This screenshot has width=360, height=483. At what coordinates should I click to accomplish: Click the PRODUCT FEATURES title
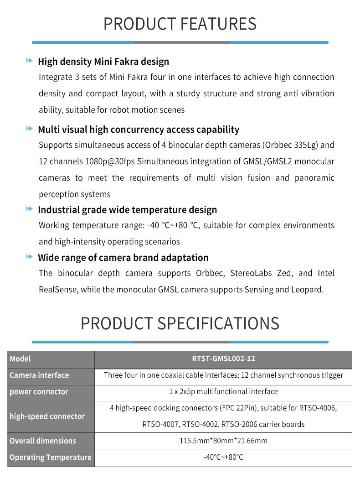[180, 24]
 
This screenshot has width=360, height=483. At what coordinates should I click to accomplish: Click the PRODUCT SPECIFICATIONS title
[180, 323]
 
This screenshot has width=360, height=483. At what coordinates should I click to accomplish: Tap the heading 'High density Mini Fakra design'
[103, 62]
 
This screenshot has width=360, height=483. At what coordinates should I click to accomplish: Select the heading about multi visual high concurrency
[139, 130]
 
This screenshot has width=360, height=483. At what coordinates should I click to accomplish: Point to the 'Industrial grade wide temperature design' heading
[128, 210]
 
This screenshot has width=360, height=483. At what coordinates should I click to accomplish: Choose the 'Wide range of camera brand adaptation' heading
[123, 258]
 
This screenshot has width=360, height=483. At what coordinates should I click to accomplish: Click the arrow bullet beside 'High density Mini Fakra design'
[30, 61]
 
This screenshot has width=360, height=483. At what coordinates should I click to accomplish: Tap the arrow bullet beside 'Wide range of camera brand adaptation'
[30, 257]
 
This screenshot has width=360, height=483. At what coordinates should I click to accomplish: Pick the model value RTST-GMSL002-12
[223, 359]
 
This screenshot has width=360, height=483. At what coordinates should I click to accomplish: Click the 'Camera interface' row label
[39, 375]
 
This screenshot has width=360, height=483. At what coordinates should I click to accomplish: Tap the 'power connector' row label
[39, 392]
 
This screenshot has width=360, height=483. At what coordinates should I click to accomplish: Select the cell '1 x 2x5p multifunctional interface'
[223, 392]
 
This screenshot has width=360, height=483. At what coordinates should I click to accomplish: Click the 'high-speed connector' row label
[47, 416]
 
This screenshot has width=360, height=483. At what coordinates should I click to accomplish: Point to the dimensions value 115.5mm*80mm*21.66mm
[223, 441]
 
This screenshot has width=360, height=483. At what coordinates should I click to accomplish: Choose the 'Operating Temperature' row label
[50, 457]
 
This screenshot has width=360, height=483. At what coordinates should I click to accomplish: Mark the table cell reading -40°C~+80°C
[223, 457]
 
